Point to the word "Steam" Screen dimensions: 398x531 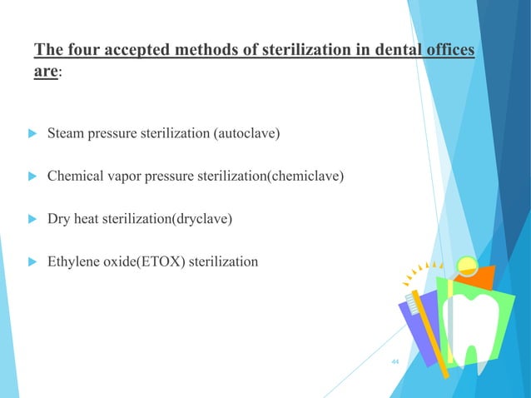[x=66, y=132]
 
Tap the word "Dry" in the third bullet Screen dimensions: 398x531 [x=59, y=219]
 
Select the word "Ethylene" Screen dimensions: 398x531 [x=73, y=262]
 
